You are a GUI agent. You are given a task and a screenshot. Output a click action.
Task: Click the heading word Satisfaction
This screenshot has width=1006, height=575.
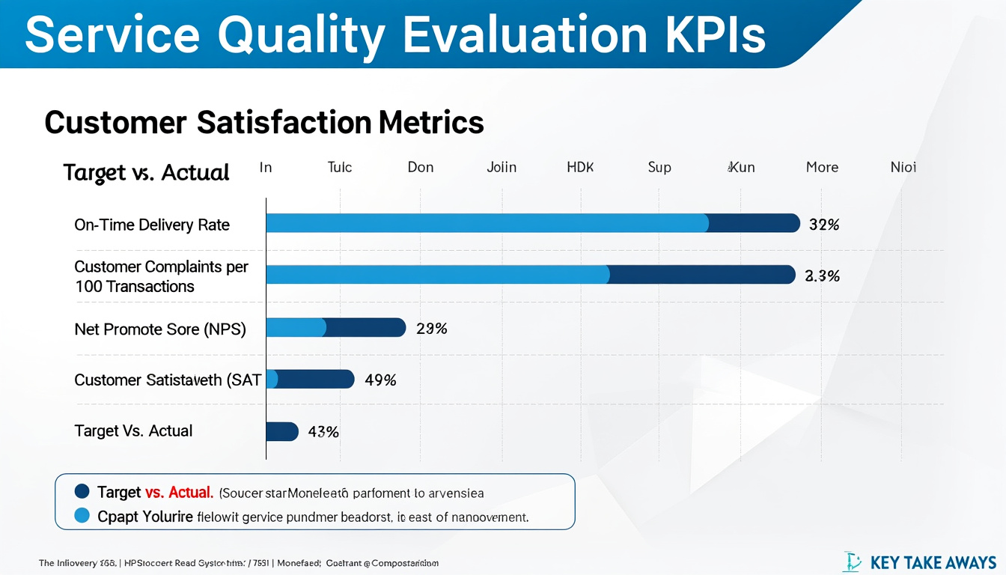pos(284,122)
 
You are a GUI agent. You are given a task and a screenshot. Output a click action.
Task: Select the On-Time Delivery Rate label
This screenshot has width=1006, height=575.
pos(152,225)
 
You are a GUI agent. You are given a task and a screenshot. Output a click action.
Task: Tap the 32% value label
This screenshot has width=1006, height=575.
pos(824,224)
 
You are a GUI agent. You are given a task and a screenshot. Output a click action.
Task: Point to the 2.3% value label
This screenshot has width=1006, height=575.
pos(822,276)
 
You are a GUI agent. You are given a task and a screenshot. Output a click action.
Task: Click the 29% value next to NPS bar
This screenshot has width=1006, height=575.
pos(431,328)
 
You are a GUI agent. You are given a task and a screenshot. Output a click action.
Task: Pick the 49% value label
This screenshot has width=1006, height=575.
pos(380,380)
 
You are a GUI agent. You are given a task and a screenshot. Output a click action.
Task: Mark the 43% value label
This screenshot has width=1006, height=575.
pos(323,431)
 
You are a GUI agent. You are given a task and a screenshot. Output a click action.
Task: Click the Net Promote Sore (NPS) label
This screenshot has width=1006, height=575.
pos(160,328)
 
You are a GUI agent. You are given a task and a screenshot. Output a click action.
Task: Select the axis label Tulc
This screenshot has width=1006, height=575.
pos(340,167)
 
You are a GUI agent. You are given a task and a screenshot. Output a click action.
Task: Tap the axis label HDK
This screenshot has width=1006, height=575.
pos(580,167)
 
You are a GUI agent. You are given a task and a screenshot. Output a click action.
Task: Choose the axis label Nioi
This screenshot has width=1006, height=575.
pos(903,167)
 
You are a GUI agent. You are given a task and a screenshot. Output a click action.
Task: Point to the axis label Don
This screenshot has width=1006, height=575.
pos(421,167)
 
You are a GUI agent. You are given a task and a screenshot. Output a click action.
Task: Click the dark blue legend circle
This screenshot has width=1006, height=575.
pos(82,492)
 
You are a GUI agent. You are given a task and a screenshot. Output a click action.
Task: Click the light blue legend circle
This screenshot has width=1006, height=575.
pos(82,516)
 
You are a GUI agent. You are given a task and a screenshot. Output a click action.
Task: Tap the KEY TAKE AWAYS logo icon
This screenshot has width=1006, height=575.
pos(853,562)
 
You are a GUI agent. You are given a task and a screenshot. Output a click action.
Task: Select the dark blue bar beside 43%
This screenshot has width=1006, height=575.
pos(282,431)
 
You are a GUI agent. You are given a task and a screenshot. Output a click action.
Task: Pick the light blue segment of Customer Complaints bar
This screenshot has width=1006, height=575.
pos(437,275)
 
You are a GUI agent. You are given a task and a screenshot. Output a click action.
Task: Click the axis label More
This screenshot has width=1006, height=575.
pos(822,167)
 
